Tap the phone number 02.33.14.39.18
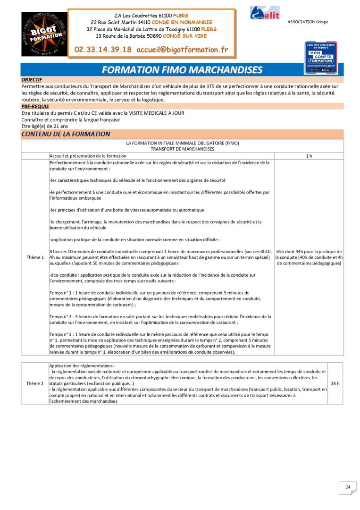click(x=103, y=50)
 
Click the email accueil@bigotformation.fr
click(x=182, y=50)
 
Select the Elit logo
click(x=265, y=13)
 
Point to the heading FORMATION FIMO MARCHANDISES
click(x=182, y=70)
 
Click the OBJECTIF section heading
click(x=32, y=80)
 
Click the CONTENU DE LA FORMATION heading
click(x=66, y=134)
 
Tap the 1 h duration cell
click(x=309, y=156)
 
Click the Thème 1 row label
click(x=35, y=257)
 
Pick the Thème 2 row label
click(x=35, y=383)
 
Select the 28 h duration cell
click(x=335, y=383)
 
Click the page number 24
click(x=348, y=487)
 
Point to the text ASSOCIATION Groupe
click(x=308, y=22)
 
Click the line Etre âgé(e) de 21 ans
click(x=45, y=126)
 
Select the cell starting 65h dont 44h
click(x=309, y=257)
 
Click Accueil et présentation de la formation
click(x=88, y=156)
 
